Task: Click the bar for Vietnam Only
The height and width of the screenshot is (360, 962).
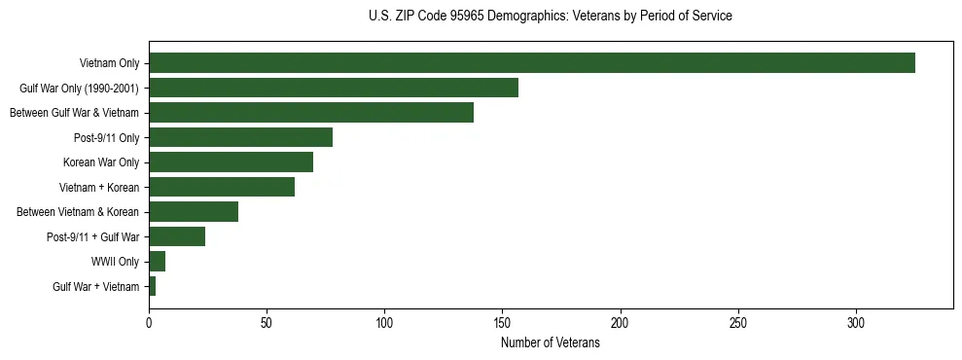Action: pyautogui.click(x=531, y=63)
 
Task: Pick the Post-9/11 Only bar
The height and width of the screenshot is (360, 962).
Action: pyautogui.click(x=240, y=137)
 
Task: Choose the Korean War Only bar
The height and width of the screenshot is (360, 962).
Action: pyautogui.click(x=231, y=162)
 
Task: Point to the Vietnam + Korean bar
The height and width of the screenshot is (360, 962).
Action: pyautogui.click(x=221, y=187)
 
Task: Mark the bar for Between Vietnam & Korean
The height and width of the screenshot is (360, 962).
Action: pyautogui.click(x=193, y=212)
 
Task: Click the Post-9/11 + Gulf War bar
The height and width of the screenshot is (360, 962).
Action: pyautogui.click(x=176, y=236)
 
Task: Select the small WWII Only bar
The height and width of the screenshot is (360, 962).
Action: pyautogui.click(x=157, y=262)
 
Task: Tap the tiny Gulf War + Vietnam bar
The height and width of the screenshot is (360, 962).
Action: pyautogui.click(x=152, y=286)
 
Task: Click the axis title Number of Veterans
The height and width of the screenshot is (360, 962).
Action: pyautogui.click(x=551, y=343)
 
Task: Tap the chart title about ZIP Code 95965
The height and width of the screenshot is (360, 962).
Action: pyautogui.click(x=551, y=17)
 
